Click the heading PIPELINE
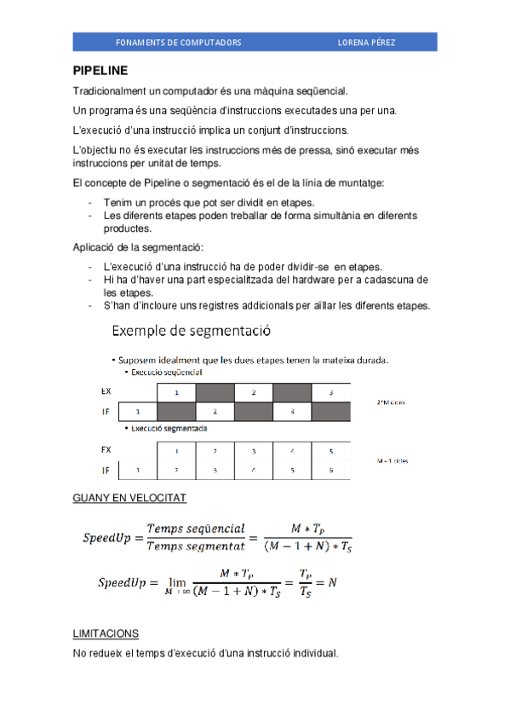coord(100,72)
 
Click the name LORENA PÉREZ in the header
coord(366,42)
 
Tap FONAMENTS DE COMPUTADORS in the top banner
coord(178,42)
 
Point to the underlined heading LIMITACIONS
coord(106,634)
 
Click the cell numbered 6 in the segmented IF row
coord(329,470)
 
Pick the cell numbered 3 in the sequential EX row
coord(330,391)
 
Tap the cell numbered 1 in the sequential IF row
coord(137,412)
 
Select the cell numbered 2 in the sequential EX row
coord(253,391)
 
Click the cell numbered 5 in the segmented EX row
coord(329,450)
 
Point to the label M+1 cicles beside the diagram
coord(392,460)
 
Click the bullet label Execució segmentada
coord(169,429)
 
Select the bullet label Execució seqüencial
coord(167,373)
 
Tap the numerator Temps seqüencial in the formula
coord(196,529)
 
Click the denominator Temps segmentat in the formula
coord(196,547)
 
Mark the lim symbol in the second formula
coord(177,580)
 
